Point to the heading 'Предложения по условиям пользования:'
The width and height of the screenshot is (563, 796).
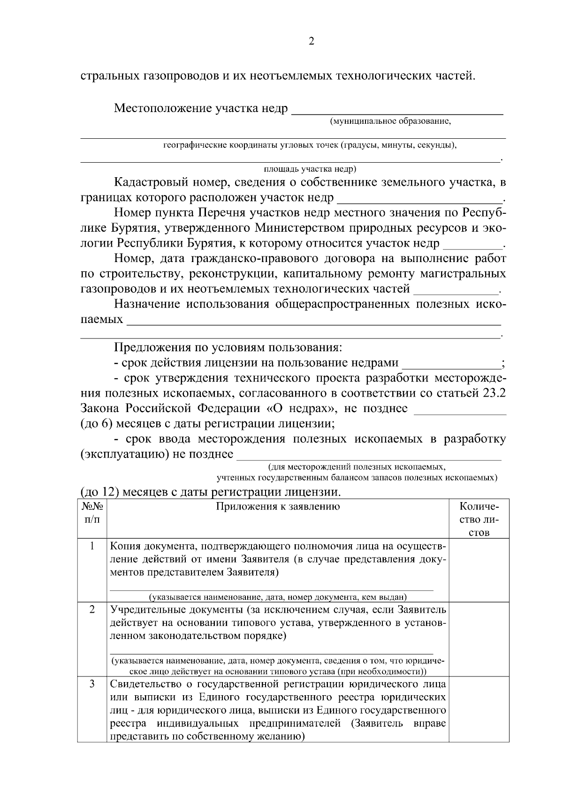[228, 348]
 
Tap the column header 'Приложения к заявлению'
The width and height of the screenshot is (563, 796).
[278, 507]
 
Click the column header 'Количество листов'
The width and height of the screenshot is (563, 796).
[479, 519]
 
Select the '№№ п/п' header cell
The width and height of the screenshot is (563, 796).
[92, 513]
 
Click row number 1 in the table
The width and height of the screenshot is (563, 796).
[92, 546]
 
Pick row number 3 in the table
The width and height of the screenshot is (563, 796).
[92, 684]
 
